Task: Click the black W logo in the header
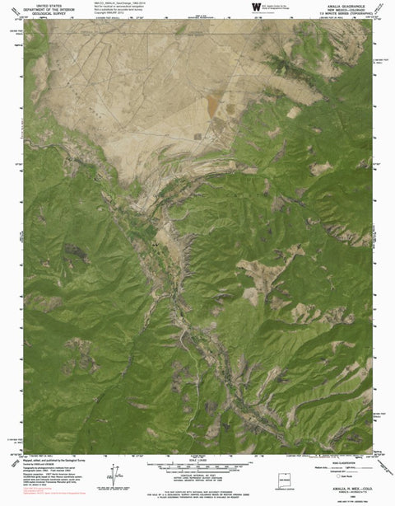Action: pos(244,7)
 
